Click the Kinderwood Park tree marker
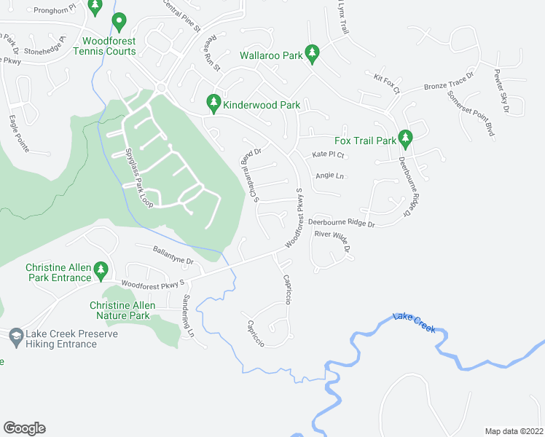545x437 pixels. (x=213, y=104)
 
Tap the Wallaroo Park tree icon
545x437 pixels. (x=313, y=52)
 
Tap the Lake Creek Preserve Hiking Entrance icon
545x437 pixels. (x=16, y=336)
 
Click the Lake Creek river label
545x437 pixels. (x=414, y=322)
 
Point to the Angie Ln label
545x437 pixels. (x=329, y=176)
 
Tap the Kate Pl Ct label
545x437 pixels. (x=327, y=155)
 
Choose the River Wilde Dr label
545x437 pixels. (x=332, y=240)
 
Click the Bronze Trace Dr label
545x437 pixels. (x=449, y=82)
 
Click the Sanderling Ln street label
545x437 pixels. (x=189, y=315)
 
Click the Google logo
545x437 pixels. (x=24, y=428)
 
